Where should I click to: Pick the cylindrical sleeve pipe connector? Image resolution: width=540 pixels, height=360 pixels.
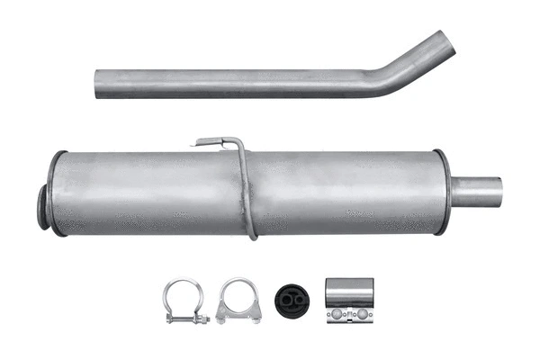(x=349, y=301)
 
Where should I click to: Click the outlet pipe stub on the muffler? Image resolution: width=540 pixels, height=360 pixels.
(x=477, y=192)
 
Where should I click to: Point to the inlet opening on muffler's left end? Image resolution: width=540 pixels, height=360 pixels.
(x=42, y=207)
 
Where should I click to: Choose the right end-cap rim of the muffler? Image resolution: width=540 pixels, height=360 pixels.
(x=442, y=192)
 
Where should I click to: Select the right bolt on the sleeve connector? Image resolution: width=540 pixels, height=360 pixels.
(x=362, y=315)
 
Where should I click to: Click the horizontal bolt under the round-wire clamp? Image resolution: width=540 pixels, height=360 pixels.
(x=185, y=319)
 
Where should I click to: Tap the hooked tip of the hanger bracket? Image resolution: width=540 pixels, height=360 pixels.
(x=200, y=141)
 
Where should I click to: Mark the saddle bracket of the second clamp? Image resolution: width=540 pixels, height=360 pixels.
(x=238, y=314)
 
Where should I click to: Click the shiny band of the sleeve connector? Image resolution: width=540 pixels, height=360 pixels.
(x=349, y=292)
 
